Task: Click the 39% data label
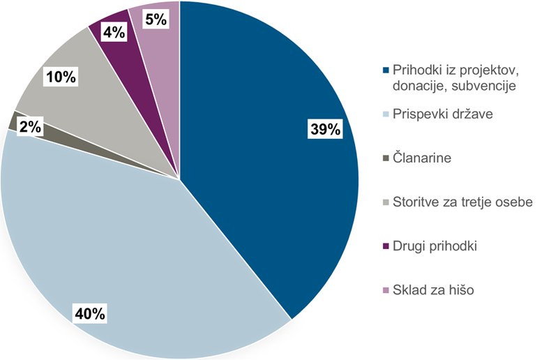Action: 324,129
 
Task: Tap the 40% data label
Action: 89,313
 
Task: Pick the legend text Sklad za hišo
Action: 432,290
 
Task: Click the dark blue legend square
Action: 386,70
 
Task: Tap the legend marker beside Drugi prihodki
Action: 386,246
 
